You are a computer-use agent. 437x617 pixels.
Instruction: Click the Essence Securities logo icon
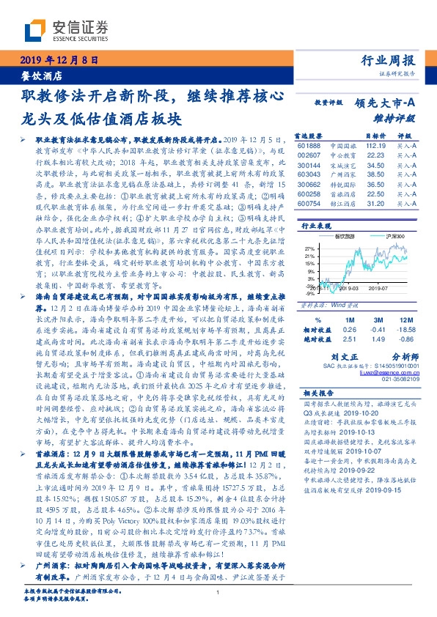click(34, 29)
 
